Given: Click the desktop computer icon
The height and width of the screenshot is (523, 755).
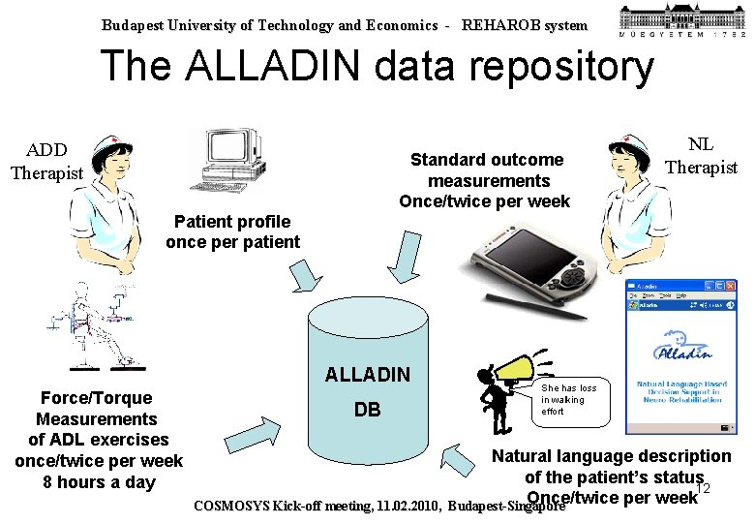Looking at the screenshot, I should (x=227, y=159).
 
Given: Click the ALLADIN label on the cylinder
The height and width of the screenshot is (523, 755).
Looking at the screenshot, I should (x=368, y=375).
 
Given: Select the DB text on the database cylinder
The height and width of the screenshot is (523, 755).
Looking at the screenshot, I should (x=368, y=410).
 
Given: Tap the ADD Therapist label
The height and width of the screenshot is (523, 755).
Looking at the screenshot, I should (x=46, y=162).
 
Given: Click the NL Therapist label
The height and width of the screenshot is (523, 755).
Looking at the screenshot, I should (x=701, y=156).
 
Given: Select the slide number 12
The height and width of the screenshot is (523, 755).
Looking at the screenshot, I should (x=704, y=487).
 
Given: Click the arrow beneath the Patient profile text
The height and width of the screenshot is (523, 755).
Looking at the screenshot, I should (x=308, y=276).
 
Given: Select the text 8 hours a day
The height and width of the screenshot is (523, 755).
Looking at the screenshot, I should (x=100, y=482).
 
